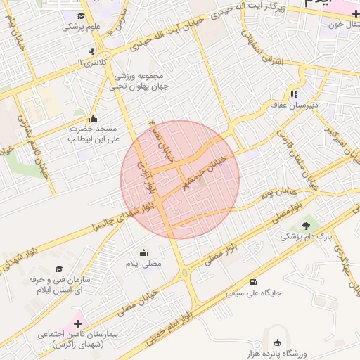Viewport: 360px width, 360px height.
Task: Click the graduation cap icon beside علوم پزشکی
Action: [81, 15]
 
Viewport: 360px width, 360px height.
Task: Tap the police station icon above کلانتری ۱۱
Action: [92, 51]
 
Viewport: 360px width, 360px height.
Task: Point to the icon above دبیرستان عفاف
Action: [293, 94]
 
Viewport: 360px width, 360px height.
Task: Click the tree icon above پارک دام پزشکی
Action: [306, 225]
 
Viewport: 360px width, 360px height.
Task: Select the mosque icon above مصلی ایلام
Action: [144, 252]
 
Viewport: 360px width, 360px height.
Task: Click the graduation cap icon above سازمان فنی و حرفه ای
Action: [58, 269]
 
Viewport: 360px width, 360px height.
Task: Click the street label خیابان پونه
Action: [276, 191]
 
